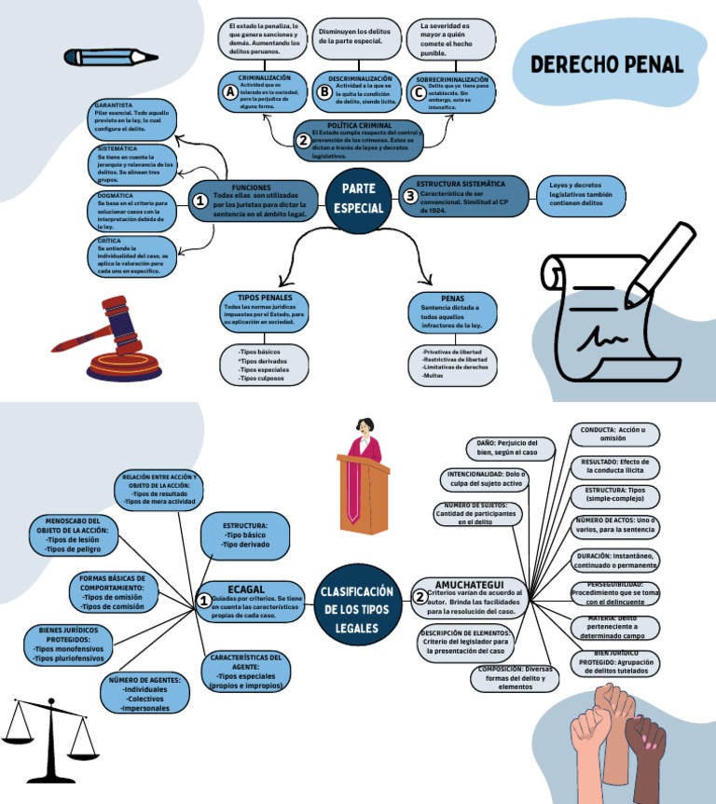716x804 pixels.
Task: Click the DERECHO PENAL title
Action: [x=607, y=65]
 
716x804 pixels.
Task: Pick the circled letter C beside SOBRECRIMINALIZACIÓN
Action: [x=419, y=91]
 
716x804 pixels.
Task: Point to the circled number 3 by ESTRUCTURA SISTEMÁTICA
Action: [x=410, y=196]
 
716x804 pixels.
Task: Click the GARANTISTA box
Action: [x=131, y=118]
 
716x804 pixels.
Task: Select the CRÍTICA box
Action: [x=131, y=256]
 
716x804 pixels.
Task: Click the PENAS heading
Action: [x=452, y=298]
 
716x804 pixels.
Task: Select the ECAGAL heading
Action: [x=246, y=589]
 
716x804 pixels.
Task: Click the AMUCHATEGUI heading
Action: [x=469, y=584]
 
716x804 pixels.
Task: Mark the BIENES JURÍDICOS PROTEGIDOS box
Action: [x=68, y=645]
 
